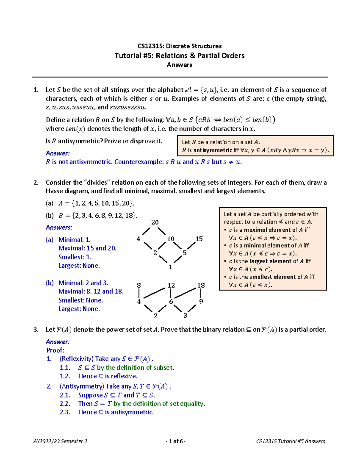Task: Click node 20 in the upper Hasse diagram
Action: tap(155, 222)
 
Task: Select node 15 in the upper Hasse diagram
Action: tap(199, 239)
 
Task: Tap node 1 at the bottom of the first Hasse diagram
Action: tap(170, 267)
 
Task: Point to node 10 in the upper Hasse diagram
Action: tap(171, 239)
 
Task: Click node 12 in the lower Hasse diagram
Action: tap(171, 285)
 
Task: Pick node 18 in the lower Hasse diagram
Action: tap(201, 285)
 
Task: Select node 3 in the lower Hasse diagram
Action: tap(185, 315)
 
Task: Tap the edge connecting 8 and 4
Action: tap(139, 293)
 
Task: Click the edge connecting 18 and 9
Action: tap(201, 293)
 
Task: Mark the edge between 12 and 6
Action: tap(171, 293)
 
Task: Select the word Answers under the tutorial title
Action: tap(179, 65)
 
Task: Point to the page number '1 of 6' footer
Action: tap(175, 441)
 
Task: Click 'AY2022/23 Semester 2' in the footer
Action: tap(60, 441)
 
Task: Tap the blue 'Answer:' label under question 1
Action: tap(58, 153)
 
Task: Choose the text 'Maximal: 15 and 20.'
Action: tap(87, 248)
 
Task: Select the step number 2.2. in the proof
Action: tap(65, 404)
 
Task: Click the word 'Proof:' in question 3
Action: tap(55, 350)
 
